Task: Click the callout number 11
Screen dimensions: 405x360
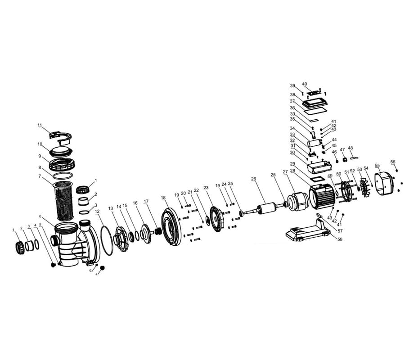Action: pos(40,125)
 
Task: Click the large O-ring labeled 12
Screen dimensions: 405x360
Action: pos(106,240)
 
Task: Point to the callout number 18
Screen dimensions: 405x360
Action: pos(163,198)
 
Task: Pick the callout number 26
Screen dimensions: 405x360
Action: pos(253,179)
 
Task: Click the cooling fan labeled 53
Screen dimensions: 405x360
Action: pos(365,187)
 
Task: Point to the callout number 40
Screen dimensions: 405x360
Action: pos(305,84)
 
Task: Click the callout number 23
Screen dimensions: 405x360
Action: pos(206,188)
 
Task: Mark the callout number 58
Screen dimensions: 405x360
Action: pos(340,239)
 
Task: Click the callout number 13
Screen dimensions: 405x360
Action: pos(111,208)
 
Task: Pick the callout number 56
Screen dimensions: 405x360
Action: pos(393,162)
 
